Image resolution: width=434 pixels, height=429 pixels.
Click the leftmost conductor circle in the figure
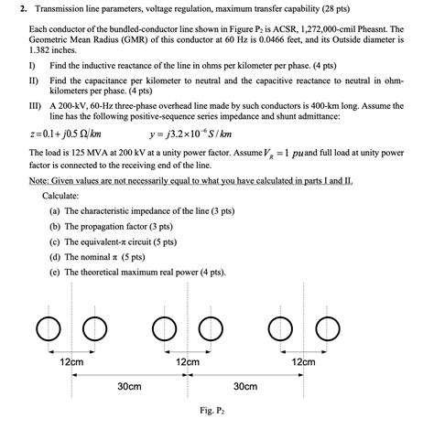46,327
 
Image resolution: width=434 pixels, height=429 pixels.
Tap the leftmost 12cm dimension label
71,362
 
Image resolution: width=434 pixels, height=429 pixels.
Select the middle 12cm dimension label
187,362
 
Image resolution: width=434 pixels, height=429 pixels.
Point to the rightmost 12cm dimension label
302,362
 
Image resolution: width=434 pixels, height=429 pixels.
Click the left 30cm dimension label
129,386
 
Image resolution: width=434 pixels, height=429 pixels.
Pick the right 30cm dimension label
244,386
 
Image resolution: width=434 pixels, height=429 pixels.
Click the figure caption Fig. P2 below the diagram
212,411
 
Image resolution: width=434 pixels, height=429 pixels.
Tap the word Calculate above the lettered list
60,196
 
